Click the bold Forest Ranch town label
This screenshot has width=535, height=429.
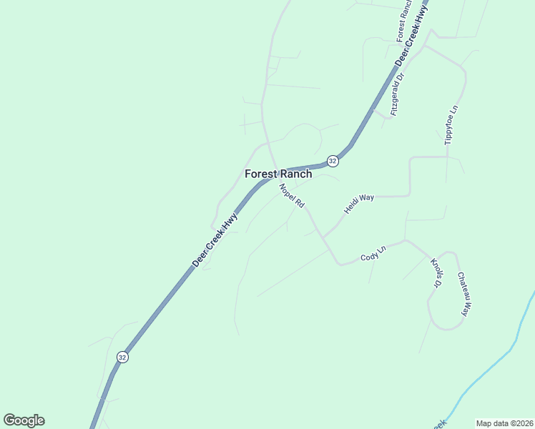[x=278, y=174]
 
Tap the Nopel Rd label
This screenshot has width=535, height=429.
[x=292, y=196]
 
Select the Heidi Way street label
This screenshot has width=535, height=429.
[x=359, y=203]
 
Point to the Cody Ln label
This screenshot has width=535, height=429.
[x=373, y=253]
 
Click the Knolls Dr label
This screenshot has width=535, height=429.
[x=436, y=273]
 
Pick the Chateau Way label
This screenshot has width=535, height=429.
[x=463, y=294]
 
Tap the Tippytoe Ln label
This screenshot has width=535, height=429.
[x=451, y=126]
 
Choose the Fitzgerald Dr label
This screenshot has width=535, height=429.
[x=398, y=94]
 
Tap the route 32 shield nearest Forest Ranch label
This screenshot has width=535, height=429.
[x=333, y=161]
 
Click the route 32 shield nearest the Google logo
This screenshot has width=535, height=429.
[x=123, y=357]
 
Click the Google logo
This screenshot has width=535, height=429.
[x=24, y=420]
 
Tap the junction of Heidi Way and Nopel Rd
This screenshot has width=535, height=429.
[x=323, y=237]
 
